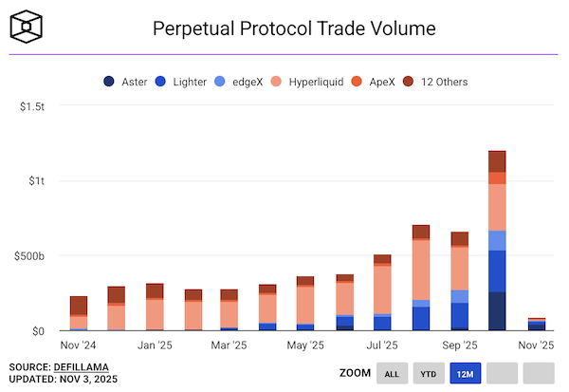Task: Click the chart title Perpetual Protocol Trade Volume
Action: (294, 28)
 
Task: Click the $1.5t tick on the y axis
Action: (32, 106)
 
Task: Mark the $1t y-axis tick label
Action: (36, 181)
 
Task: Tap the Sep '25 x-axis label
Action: (460, 345)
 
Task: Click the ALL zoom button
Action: (391, 374)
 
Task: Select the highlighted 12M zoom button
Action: (465, 374)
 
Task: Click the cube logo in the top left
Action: (27, 27)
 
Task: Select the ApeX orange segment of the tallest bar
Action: (497, 178)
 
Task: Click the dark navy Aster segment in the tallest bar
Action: (497, 311)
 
